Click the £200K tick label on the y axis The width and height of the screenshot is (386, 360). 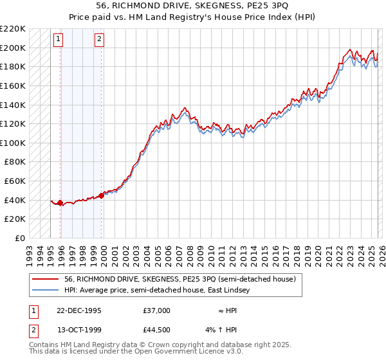click(x=13, y=48)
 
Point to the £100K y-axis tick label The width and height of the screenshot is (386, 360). click(x=13, y=143)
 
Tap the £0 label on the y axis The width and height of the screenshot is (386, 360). click(x=21, y=238)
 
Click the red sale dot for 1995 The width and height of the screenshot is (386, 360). click(x=60, y=203)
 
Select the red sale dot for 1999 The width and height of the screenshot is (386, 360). click(x=102, y=196)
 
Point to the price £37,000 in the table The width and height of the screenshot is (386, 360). click(x=157, y=310)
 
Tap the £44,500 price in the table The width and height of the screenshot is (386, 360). click(x=157, y=331)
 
